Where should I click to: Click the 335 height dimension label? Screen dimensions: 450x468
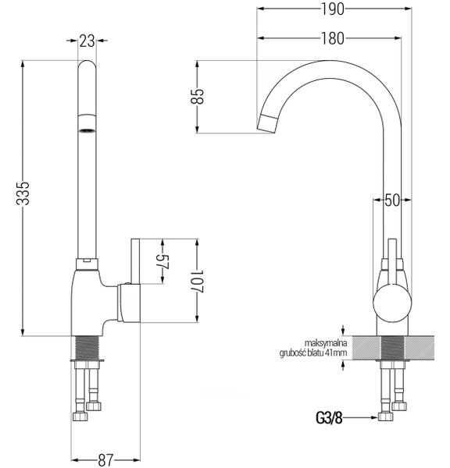(x=23, y=193)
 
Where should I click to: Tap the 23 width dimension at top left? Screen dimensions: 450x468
(x=87, y=41)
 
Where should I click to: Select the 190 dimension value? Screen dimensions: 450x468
(x=333, y=9)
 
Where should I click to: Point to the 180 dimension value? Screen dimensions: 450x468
(x=333, y=38)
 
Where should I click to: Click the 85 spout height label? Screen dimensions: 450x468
(x=198, y=96)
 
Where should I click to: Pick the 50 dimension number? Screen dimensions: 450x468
(x=392, y=200)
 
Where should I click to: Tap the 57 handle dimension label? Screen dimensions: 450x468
(x=163, y=262)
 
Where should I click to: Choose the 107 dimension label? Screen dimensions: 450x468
(x=198, y=282)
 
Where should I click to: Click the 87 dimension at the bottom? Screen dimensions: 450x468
(x=105, y=460)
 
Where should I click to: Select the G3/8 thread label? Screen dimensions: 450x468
(x=329, y=418)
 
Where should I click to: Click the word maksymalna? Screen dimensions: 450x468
(x=326, y=342)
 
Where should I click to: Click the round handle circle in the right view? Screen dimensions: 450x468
(x=393, y=303)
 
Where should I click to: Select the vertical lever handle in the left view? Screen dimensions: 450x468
(x=136, y=261)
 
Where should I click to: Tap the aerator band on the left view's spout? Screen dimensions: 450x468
(x=87, y=123)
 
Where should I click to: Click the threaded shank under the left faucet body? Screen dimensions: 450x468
(x=87, y=348)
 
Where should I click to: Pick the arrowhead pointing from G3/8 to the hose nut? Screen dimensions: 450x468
(x=374, y=418)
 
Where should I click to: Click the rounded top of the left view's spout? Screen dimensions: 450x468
(x=87, y=65)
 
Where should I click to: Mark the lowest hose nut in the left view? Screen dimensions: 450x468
(x=80, y=417)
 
